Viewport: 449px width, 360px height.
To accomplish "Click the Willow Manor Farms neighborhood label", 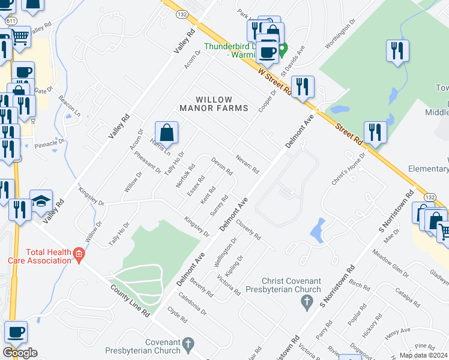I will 214,103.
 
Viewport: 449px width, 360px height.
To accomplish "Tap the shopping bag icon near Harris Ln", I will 166,133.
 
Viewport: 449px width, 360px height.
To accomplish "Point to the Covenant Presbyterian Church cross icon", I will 188,344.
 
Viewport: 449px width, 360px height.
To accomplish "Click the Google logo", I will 20,353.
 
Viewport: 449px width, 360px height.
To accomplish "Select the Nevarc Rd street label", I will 247,163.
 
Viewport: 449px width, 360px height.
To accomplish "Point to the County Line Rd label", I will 129,301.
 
